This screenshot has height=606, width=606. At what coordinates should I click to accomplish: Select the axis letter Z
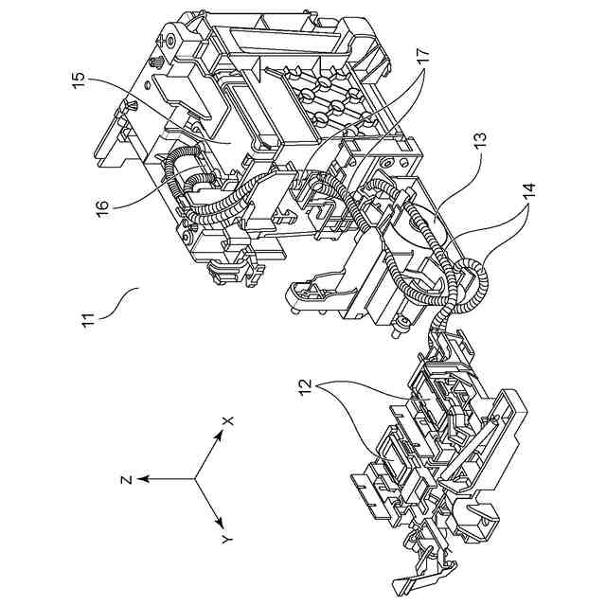click(x=124, y=479)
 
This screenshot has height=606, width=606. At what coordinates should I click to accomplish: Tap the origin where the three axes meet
click(x=196, y=479)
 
